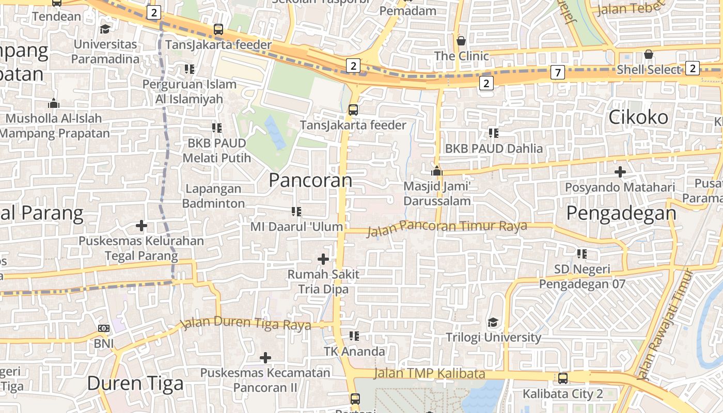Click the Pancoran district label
point(310,180)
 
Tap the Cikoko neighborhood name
point(638,117)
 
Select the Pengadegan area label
point(621,213)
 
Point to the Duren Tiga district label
point(135,383)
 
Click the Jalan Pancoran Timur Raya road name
point(447,227)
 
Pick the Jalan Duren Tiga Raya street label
point(246,324)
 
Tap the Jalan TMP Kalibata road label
point(429,373)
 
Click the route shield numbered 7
point(557,72)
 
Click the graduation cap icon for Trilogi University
point(493,323)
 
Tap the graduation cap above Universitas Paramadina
point(105,29)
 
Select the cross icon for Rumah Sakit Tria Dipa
point(323,259)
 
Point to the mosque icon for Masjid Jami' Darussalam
point(437,170)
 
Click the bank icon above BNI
point(104,328)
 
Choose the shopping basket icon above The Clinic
point(461,40)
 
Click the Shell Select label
point(649,69)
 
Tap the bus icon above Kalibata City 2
point(563,378)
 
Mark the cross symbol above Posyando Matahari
point(620,172)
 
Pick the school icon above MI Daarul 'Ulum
point(296,211)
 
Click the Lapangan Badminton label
point(213,196)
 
